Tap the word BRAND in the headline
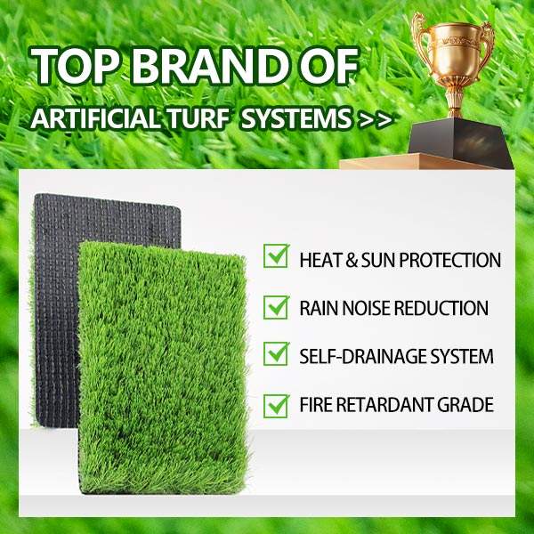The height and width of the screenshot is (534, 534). click(x=209, y=66)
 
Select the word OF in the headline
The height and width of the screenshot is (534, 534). click(x=328, y=66)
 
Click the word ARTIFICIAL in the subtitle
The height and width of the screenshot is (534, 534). click(x=94, y=119)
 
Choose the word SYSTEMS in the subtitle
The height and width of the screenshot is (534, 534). click(x=296, y=119)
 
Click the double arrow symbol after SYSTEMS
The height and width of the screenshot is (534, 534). click(x=375, y=120)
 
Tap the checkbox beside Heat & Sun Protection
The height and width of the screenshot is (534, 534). click(x=276, y=255)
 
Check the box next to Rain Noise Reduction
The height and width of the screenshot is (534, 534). click(x=276, y=307)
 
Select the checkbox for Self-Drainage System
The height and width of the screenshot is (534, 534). click(x=276, y=353)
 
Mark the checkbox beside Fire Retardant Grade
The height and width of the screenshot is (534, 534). click(x=276, y=405)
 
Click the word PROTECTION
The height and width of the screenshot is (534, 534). click(x=449, y=260)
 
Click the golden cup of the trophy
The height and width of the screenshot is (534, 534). click(x=453, y=51)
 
